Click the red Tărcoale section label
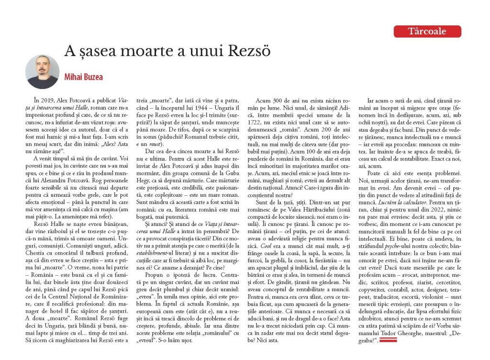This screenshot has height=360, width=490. click(x=427, y=32)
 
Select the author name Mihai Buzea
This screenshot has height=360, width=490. click(x=83, y=77)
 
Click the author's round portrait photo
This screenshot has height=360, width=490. click(x=42, y=72)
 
